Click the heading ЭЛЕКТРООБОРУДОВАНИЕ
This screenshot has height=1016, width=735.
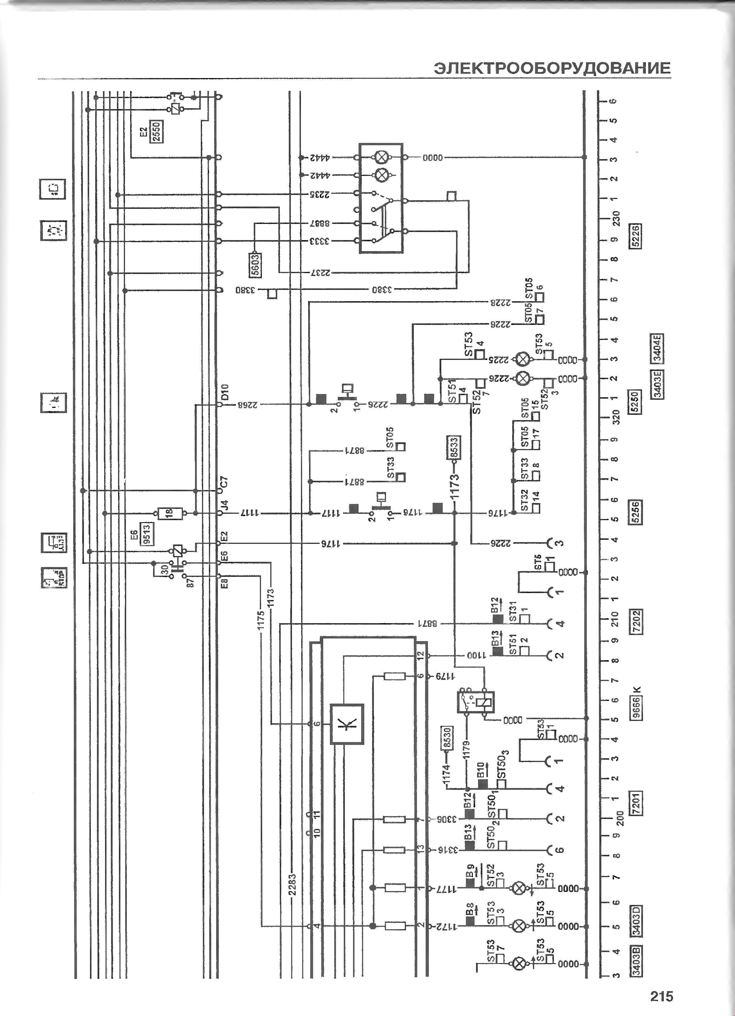tap(552, 68)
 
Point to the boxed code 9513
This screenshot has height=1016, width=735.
tap(146, 534)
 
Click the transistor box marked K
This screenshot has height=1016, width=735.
tap(347, 724)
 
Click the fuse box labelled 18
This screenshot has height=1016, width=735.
tap(170, 513)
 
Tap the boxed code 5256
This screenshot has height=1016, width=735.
tap(635, 511)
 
